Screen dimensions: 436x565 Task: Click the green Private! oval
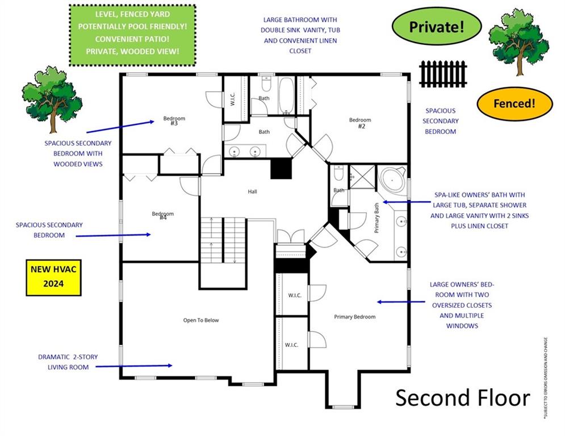point(437,27)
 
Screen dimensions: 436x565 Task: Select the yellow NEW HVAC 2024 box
point(51,278)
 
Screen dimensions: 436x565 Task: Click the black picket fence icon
point(443,74)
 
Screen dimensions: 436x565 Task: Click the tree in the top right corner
point(518,41)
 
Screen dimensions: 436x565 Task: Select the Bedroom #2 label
point(361,123)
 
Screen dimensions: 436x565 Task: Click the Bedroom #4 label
point(162,216)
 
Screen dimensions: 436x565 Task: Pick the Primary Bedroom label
point(354,317)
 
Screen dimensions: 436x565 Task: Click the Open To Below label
point(200,320)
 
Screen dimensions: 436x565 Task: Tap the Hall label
point(252,192)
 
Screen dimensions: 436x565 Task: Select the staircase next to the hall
point(223,241)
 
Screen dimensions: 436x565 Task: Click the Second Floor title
point(462,398)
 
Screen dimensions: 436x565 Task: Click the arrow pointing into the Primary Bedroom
point(400,302)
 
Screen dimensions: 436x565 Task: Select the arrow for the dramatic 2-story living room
point(134,366)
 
